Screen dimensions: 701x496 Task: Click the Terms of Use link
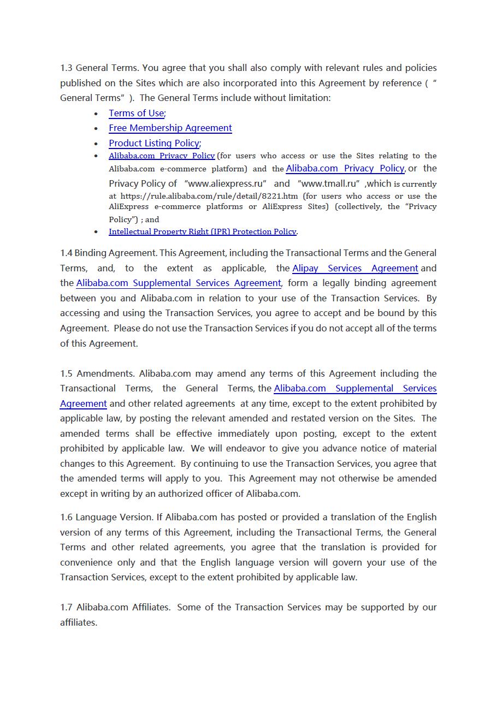(136, 113)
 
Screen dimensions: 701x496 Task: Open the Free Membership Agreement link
(170, 128)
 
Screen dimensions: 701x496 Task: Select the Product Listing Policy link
(153, 143)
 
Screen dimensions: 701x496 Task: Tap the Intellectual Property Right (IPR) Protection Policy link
(202, 231)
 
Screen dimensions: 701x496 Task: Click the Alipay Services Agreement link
(355, 268)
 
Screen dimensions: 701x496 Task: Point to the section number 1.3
(66, 68)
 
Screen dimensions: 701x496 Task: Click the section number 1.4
(66, 253)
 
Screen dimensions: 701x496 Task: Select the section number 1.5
(66, 374)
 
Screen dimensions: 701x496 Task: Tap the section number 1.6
(66, 518)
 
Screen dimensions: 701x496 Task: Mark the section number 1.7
(66, 608)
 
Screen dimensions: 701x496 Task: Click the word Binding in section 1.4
(91, 253)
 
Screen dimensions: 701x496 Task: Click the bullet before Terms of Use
(96, 114)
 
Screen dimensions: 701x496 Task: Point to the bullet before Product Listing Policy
(96, 144)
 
